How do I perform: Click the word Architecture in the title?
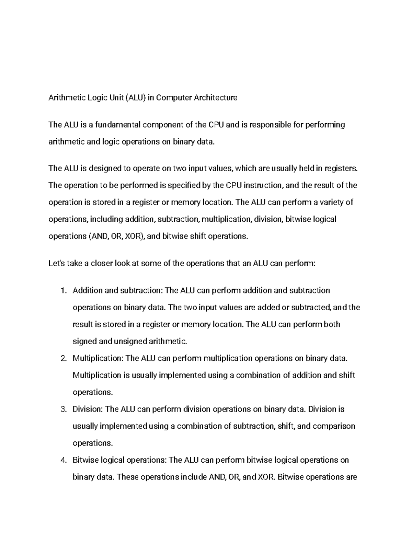(x=216, y=98)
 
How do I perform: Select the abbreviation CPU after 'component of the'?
(x=216, y=125)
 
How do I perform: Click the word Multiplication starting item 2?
(x=98, y=359)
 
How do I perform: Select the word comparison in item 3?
(x=334, y=426)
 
